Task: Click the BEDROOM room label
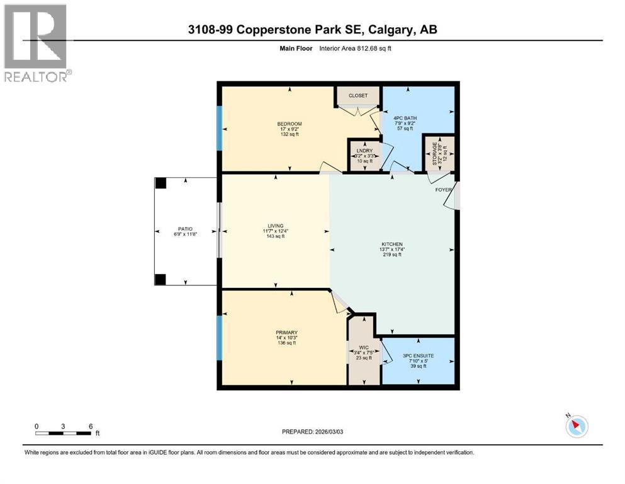pyautogui.click(x=290, y=124)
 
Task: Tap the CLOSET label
pyautogui.click(x=358, y=96)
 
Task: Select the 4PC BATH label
pyautogui.click(x=405, y=118)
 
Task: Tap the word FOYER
pyautogui.click(x=443, y=189)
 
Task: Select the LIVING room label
pyautogui.click(x=275, y=226)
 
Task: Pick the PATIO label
pyautogui.click(x=184, y=229)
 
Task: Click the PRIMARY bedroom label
pyautogui.click(x=286, y=333)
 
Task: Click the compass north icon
pyautogui.click(x=577, y=427)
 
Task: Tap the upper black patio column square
pyautogui.click(x=161, y=183)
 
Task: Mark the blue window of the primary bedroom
pyautogui.click(x=220, y=338)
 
